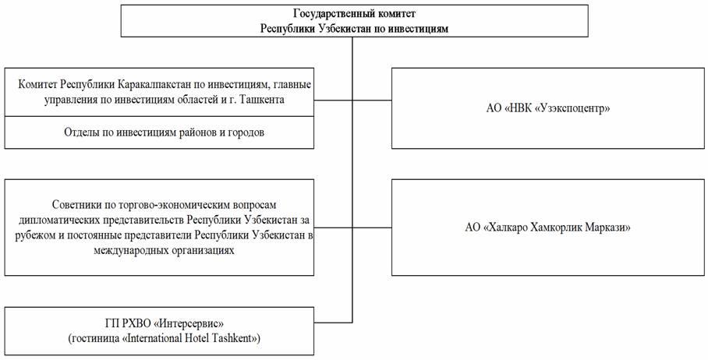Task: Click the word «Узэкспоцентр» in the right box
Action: (572, 109)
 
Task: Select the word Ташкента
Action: (264, 101)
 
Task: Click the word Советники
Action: (74, 205)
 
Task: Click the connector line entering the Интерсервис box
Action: (333, 323)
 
